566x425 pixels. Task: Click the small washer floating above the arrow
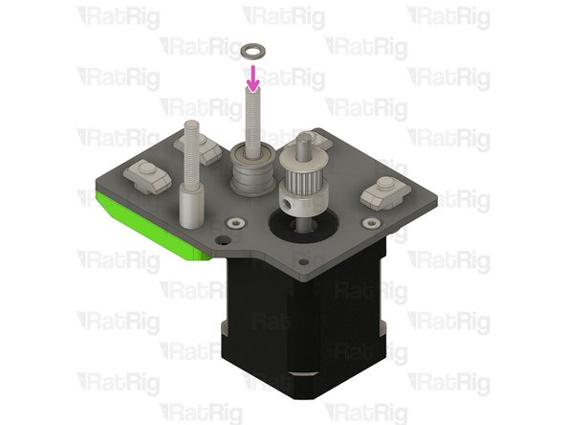point(253,49)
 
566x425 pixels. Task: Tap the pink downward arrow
point(253,78)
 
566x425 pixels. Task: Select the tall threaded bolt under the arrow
point(253,120)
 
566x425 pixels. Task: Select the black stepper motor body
point(306,325)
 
